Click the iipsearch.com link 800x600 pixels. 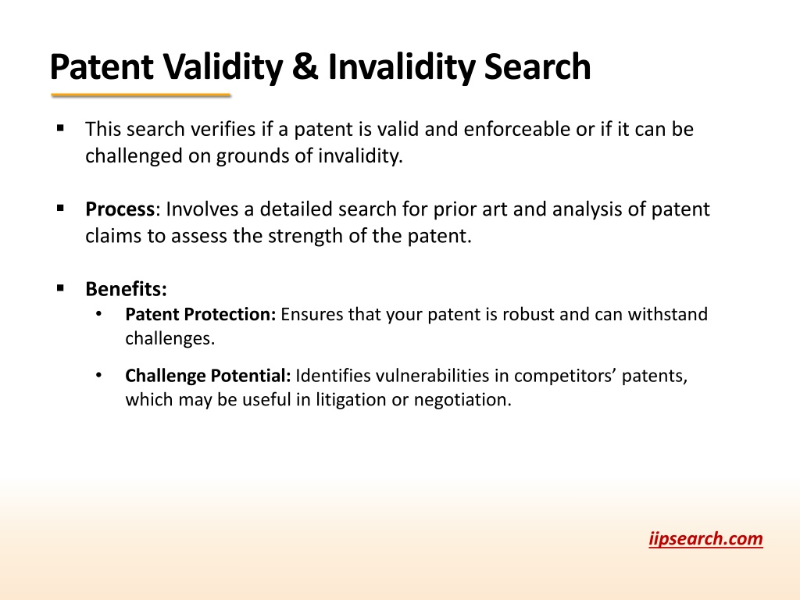pos(705,539)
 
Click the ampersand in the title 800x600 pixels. pos(305,67)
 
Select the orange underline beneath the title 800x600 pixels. pos(141,95)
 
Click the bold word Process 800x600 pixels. pos(120,209)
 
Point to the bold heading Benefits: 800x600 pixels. pos(126,289)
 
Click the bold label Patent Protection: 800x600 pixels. pos(201,314)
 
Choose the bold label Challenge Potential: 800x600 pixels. pos(208,376)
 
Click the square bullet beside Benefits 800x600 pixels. pos(61,288)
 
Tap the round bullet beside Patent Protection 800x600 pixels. pos(98,314)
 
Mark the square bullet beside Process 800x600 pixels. pos(61,208)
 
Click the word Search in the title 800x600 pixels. pos(537,67)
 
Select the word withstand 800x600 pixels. pos(668,314)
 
